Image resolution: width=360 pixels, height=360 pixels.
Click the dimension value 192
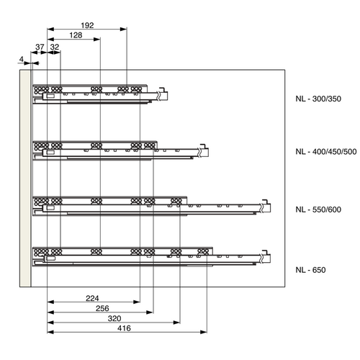click(x=87, y=25)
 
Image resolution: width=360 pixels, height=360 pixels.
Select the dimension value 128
click(x=74, y=35)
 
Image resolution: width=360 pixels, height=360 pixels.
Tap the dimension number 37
click(x=40, y=48)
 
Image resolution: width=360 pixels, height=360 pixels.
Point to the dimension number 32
click(x=55, y=48)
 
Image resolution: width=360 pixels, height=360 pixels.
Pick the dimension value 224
click(x=92, y=297)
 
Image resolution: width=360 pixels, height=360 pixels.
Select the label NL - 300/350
click(x=318, y=99)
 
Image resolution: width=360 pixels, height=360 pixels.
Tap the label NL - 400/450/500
click(x=325, y=152)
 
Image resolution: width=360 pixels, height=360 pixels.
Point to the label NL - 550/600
click(x=318, y=210)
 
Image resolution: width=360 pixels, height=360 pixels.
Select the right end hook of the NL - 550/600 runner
click(x=267, y=207)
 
